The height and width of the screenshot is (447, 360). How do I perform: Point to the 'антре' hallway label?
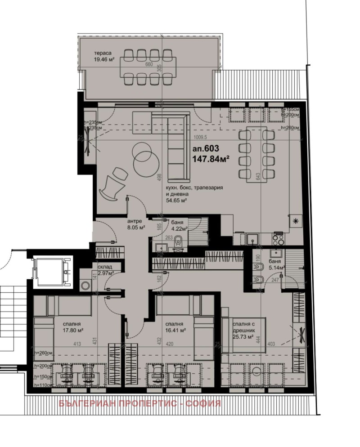[x=135, y=221]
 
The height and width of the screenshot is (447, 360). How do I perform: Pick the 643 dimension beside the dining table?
[x=258, y=176]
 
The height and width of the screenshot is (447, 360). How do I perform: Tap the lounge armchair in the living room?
[x=110, y=187]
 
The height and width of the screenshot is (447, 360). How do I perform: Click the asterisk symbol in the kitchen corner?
[x=296, y=220]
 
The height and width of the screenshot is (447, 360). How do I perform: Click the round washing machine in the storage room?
[x=85, y=285]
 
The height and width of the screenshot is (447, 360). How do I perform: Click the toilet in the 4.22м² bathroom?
[x=178, y=241]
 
